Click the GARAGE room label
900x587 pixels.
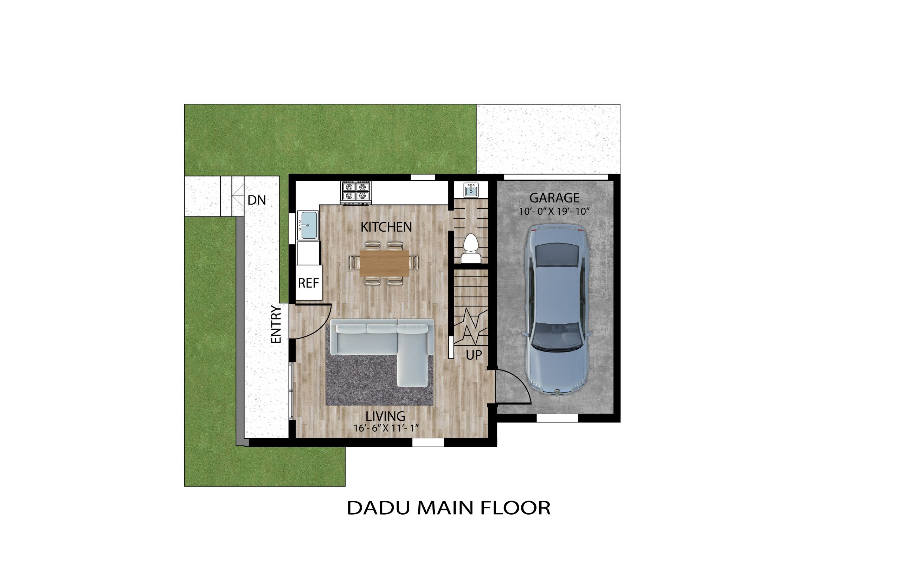click(x=554, y=198)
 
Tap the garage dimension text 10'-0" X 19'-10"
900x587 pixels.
click(x=554, y=211)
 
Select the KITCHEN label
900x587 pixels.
click(x=386, y=227)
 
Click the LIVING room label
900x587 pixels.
click(x=385, y=416)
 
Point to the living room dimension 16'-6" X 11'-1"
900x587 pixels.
click(x=386, y=428)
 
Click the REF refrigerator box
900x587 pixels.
click(x=308, y=283)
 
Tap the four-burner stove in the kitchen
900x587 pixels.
click(x=356, y=193)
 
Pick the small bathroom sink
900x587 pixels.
click(x=471, y=190)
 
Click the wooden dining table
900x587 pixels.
click(x=384, y=263)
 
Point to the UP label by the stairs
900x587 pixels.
click(x=474, y=355)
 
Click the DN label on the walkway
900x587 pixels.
click(x=257, y=200)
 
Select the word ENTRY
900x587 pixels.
click(x=276, y=325)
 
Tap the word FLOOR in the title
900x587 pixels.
click(x=515, y=508)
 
